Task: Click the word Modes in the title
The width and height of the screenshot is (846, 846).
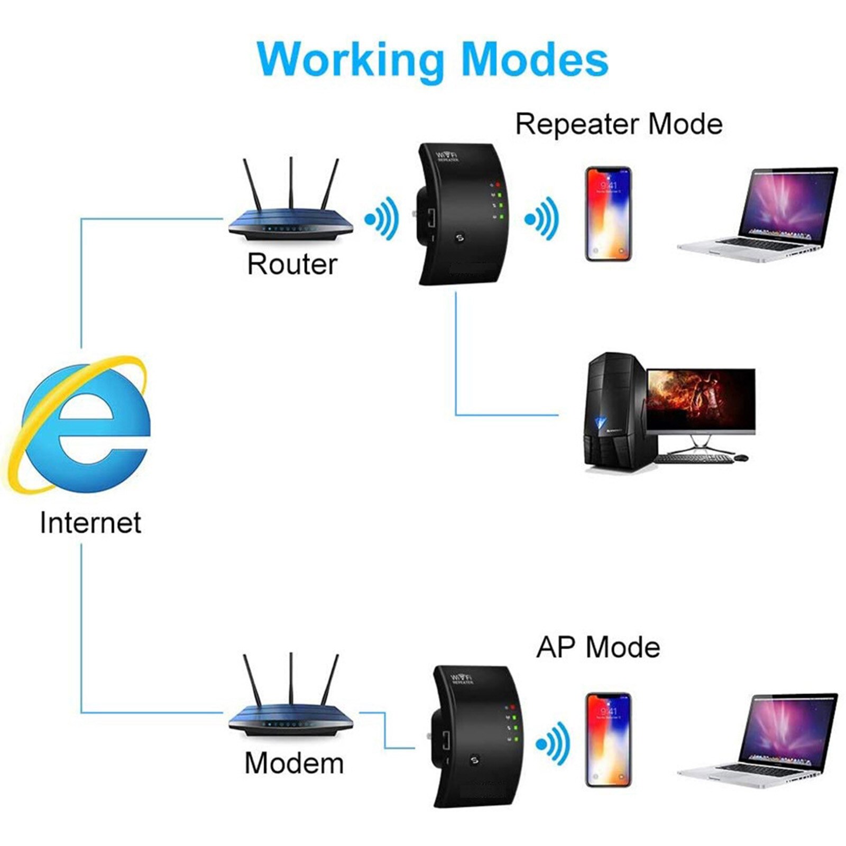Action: click(x=535, y=60)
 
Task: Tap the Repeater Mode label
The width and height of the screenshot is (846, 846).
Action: click(x=619, y=124)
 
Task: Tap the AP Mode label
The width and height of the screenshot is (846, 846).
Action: click(x=598, y=647)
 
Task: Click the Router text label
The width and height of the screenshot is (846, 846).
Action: click(x=292, y=264)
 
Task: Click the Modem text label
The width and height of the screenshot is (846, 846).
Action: click(x=294, y=763)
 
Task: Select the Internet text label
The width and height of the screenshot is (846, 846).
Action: click(x=90, y=522)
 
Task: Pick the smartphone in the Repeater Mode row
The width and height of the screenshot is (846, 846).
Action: click(x=608, y=214)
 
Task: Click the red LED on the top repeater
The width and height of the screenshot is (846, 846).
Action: click(x=498, y=185)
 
